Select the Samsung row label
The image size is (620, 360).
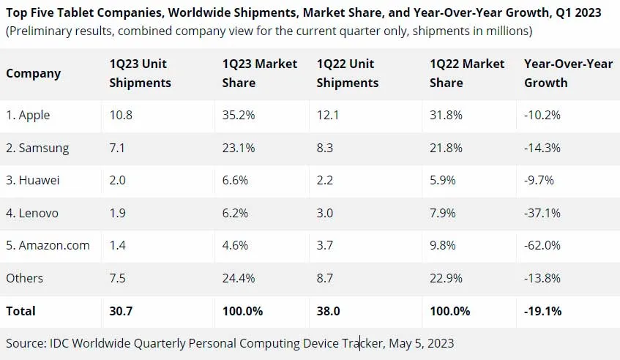[37, 148]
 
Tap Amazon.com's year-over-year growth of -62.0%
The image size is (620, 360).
[542, 245]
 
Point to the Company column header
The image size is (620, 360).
[33, 73]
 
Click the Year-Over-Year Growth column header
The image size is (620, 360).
[568, 73]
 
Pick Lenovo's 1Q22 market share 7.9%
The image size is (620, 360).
[443, 213]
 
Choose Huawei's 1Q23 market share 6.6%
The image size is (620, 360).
[238, 181]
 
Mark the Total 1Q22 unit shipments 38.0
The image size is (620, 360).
[328, 311]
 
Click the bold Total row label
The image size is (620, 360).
[20, 311]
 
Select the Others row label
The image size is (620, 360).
[24, 278]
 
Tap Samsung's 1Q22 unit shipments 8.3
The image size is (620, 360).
[325, 148]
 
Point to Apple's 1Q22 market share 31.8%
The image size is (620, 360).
[446, 116]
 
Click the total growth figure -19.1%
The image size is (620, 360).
[543, 311]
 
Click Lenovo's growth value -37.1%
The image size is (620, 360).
[542, 213]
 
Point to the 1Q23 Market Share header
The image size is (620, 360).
[259, 73]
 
